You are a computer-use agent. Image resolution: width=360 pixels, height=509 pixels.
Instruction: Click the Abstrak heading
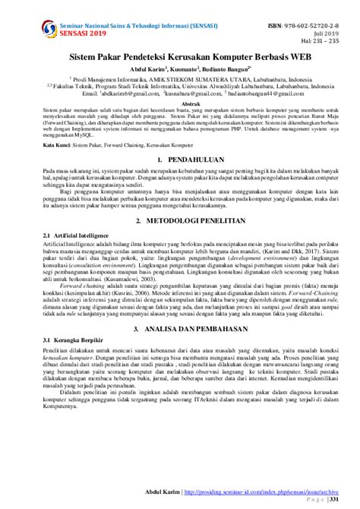coord(179,103)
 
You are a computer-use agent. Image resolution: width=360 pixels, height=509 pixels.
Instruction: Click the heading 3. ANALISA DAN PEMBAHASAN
coord(179,329)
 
